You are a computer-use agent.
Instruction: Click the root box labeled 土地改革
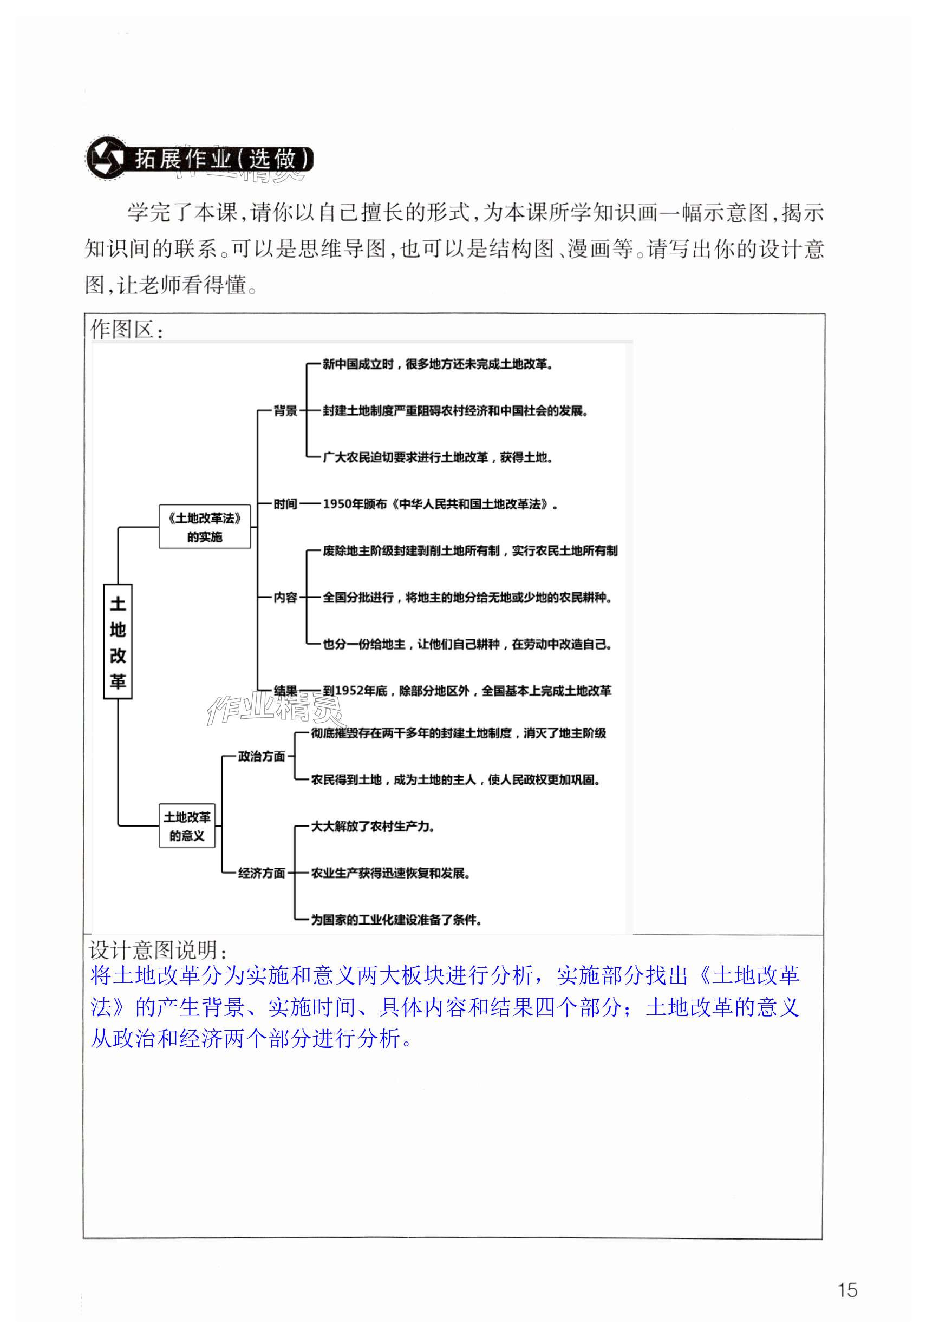coord(118,641)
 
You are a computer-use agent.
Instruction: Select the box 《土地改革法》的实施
coord(205,527)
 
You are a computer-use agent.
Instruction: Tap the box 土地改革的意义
coord(187,825)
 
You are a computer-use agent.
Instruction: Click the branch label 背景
coord(285,411)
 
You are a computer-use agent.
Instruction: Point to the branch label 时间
coord(285,504)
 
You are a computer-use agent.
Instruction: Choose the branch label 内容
coord(285,597)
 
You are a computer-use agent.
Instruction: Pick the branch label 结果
coord(285,691)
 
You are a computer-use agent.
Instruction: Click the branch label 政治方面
coord(262,756)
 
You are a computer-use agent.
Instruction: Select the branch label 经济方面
coord(262,873)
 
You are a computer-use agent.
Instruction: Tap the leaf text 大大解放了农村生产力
coord(373,826)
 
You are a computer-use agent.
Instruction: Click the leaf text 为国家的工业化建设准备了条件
coord(396,920)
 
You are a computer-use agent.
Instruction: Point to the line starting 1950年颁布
coord(440,504)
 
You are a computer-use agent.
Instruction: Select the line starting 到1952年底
coord(467,691)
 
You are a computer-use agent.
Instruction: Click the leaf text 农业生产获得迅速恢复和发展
coord(390,873)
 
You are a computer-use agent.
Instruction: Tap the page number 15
coord(847,1289)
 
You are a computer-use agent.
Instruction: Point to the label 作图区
coord(127,329)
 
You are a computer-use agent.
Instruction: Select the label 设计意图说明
coord(158,949)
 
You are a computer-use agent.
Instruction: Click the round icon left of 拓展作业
coord(106,158)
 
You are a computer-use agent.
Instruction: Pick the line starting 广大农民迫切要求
coord(438,457)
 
